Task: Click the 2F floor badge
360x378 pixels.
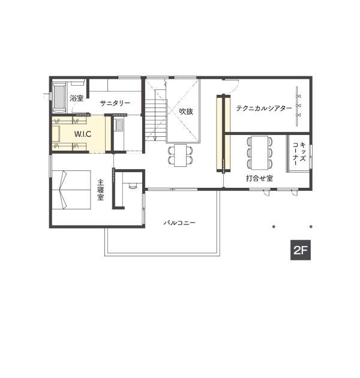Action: coord(300,250)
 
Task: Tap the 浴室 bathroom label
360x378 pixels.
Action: coord(77,98)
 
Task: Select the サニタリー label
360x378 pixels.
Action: coord(115,103)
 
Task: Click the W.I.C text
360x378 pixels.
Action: coord(83,134)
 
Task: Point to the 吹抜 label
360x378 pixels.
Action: coord(186,112)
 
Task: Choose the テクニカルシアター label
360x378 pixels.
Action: coord(264,108)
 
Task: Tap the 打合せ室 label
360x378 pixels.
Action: coord(259,178)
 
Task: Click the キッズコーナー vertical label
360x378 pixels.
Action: coord(299,154)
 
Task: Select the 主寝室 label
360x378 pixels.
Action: coord(101,190)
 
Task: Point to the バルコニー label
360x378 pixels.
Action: coord(179,223)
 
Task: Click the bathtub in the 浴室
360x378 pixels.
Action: coord(59,98)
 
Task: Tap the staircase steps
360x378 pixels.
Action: coord(156,121)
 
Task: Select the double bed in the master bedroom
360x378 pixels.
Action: coord(71,190)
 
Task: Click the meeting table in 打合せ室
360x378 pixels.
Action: coord(259,152)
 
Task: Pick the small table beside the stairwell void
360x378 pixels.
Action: coord(181,155)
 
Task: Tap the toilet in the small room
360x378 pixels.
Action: coord(133,185)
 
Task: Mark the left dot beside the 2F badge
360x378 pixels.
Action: coord(274,227)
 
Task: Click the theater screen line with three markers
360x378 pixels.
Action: coord(297,106)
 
